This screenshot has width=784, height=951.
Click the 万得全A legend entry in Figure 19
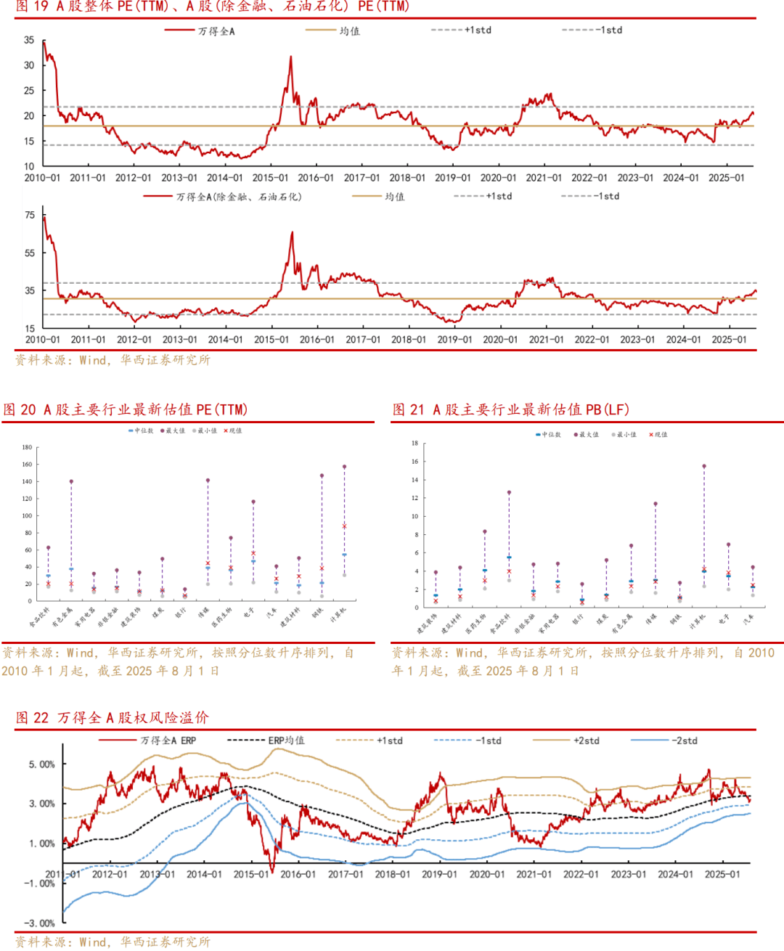(x=216, y=31)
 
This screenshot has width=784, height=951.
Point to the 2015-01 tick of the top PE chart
(x=270, y=178)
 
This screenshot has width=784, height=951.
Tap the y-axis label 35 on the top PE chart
(x=29, y=40)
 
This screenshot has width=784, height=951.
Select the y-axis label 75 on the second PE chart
(x=30, y=215)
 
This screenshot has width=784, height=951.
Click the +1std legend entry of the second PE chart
(x=499, y=196)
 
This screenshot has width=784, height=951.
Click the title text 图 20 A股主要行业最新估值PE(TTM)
(x=126, y=409)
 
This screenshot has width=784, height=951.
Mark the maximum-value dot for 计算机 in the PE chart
(x=344, y=467)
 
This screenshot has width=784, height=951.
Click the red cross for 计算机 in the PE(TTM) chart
(x=344, y=526)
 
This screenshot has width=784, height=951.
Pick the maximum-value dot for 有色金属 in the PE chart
(x=71, y=481)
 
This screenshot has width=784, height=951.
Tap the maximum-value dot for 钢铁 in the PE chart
(x=322, y=475)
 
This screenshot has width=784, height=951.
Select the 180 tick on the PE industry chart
(x=27, y=447)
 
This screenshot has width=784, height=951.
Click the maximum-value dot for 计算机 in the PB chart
(x=703, y=466)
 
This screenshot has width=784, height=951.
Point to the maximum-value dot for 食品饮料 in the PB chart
(x=509, y=492)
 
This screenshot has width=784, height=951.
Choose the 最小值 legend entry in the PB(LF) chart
(x=625, y=435)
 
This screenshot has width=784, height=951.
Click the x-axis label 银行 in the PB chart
(x=578, y=620)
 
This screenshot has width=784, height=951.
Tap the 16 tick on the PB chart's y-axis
(x=415, y=462)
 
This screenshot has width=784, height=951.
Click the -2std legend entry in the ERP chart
(x=684, y=740)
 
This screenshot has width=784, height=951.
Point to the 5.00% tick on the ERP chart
(x=41, y=764)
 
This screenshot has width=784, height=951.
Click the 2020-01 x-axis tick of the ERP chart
(x=486, y=874)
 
